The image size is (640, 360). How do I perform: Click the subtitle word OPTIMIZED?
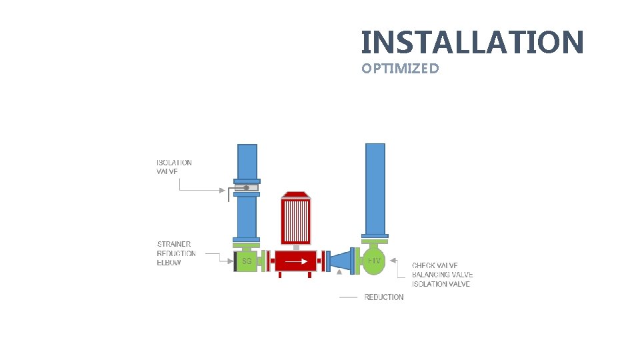[x=400, y=68]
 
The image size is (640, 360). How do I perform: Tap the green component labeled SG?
[x=246, y=261]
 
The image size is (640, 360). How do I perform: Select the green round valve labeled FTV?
[x=374, y=261]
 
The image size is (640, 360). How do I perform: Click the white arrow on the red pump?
[x=293, y=261]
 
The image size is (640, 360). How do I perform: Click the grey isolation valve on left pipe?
[x=246, y=187]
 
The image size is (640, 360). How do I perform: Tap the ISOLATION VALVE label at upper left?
[x=174, y=167]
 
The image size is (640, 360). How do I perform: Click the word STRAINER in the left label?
[x=174, y=244]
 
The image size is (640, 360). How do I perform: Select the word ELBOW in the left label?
[x=169, y=262]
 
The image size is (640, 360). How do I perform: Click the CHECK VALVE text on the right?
[x=435, y=266]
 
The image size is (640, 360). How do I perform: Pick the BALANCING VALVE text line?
[x=442, y=275]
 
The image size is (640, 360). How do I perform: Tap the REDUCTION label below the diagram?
[x=383, y=297]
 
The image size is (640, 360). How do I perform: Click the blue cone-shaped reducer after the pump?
[x=341, y=261]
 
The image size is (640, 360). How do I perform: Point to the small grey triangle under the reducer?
[x=339, y=271]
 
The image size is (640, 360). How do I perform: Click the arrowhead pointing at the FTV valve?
[x=393, y=260]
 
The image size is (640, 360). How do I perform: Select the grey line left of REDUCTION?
[x=348, y=297]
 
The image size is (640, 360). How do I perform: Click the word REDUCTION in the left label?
[x=177, y=253]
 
